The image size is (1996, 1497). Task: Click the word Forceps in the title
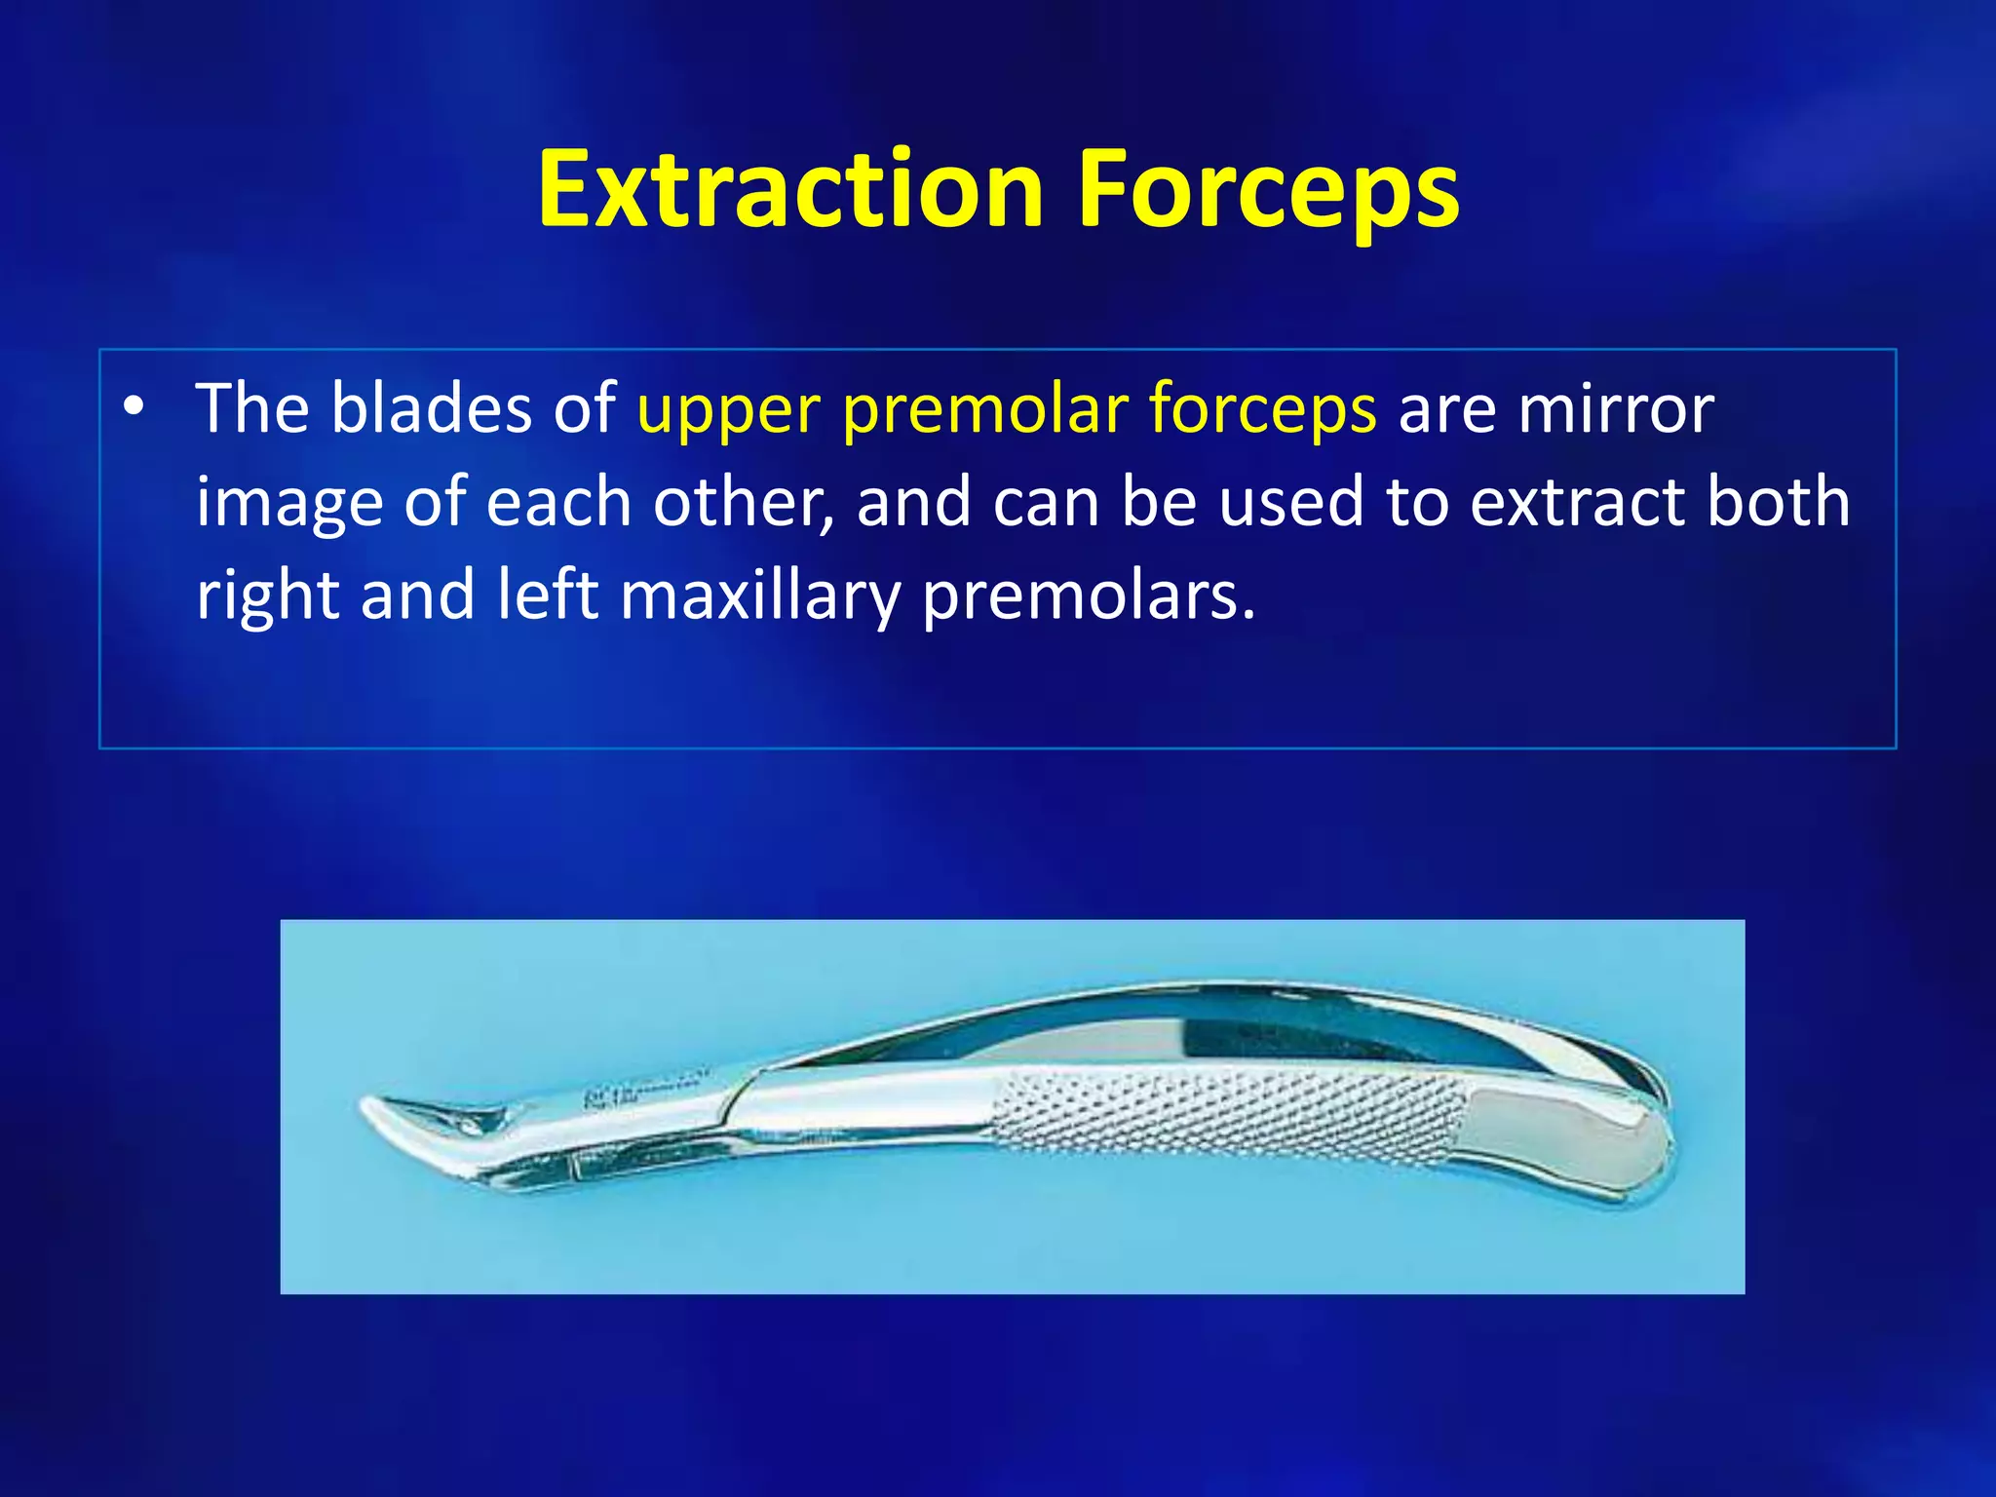[1267, 190]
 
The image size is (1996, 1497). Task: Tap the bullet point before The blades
[134, 406]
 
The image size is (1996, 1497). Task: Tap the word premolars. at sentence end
[1089, 596]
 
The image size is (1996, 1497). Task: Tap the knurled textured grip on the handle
[1228, 1116]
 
